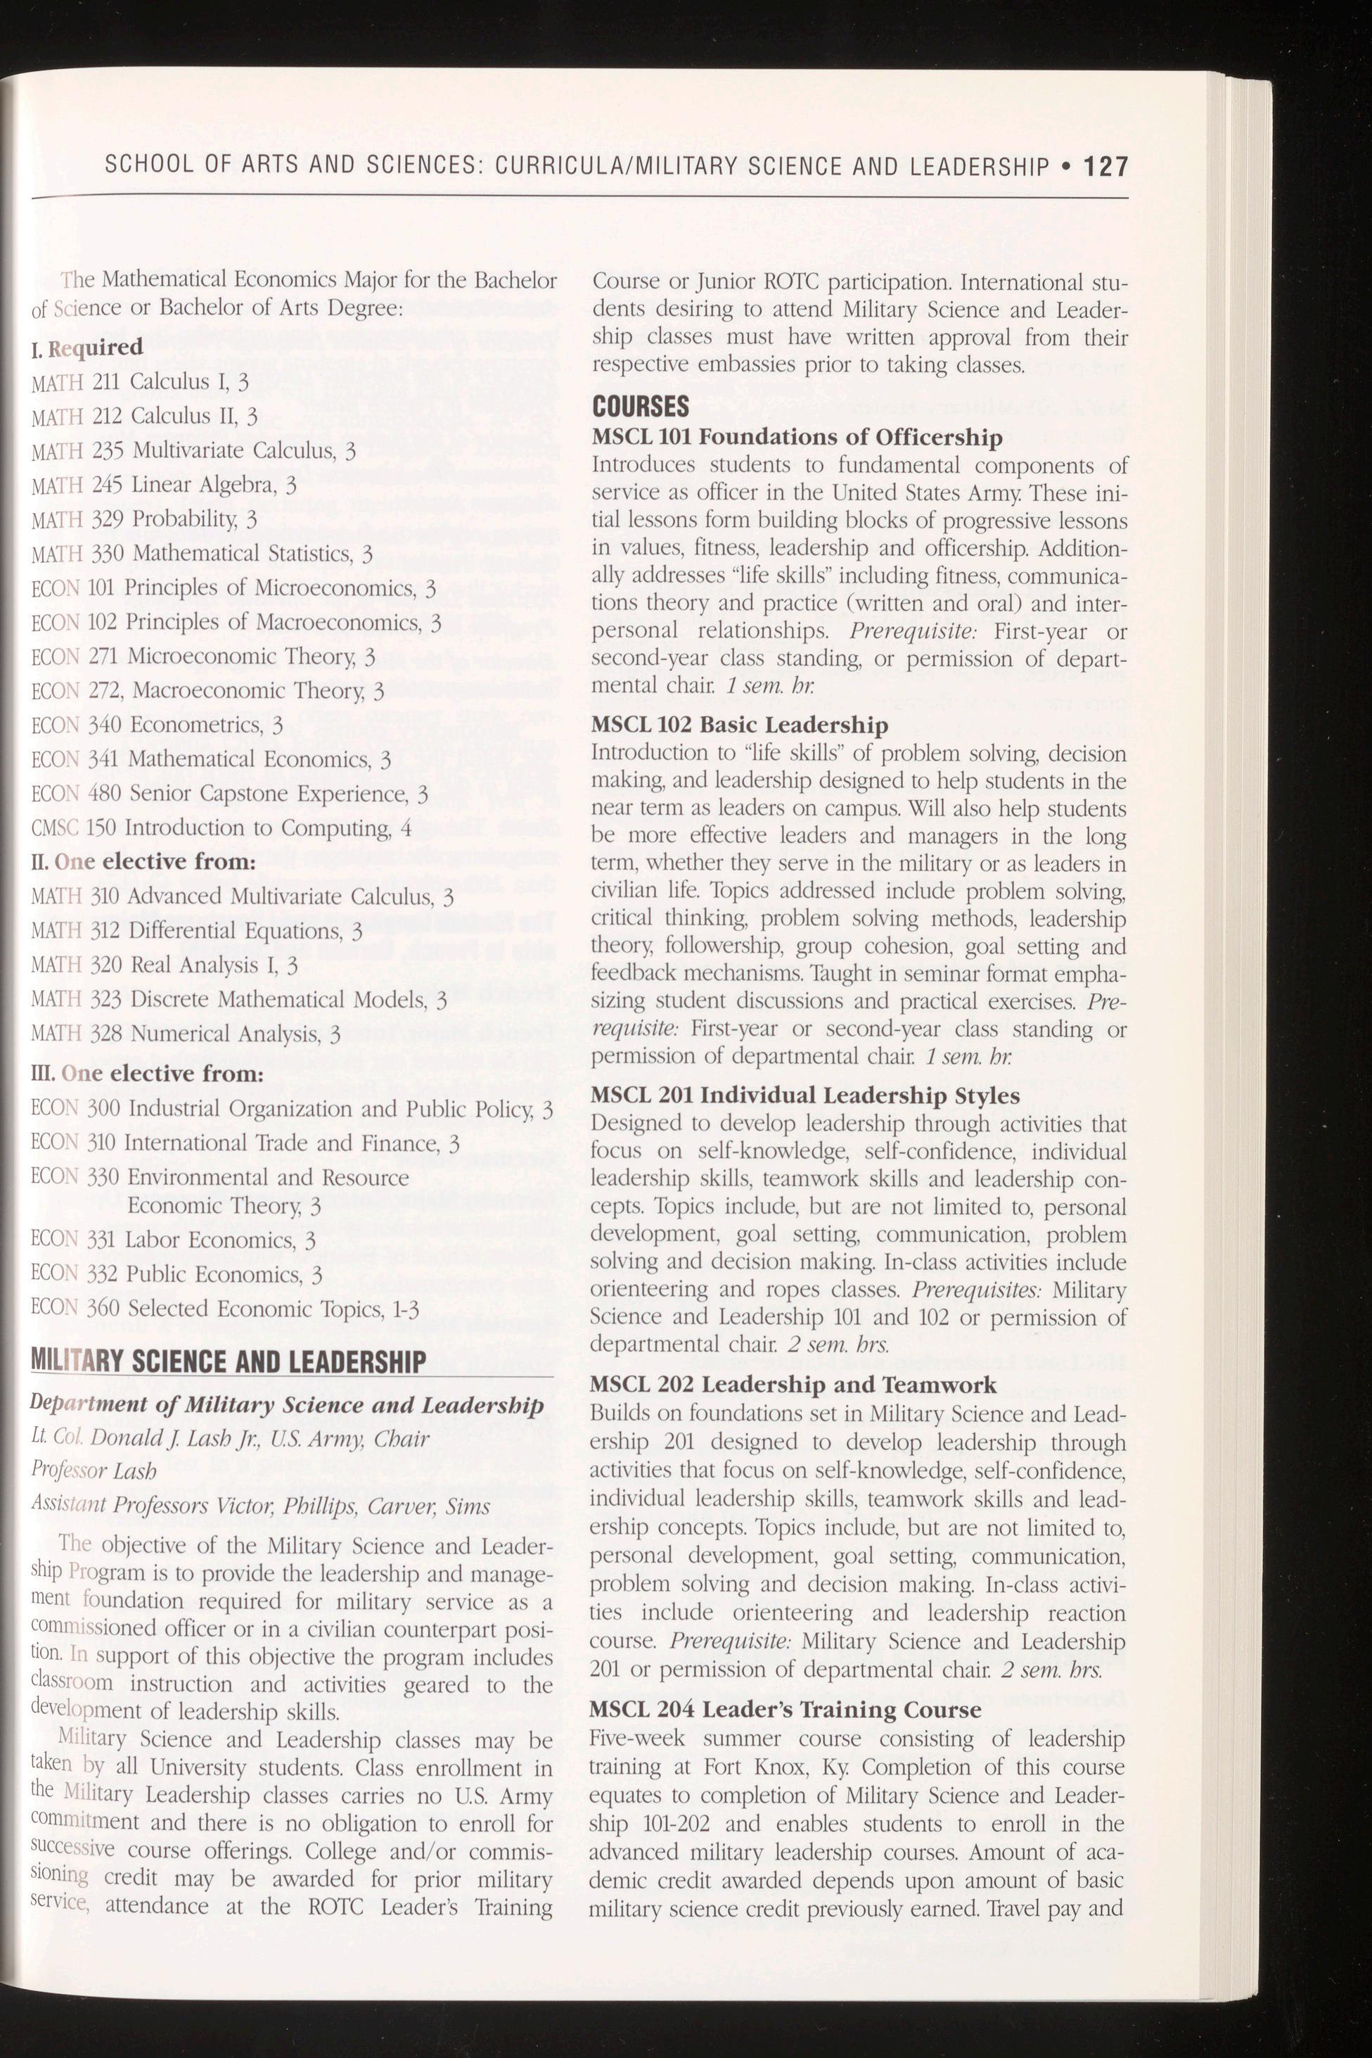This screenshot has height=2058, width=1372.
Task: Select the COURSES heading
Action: pos(641,407)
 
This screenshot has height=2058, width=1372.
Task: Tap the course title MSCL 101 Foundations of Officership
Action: pos(797,437)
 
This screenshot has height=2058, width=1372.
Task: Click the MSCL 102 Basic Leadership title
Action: pos(739,725)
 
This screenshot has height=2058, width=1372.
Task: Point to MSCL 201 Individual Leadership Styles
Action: pos(806,1096)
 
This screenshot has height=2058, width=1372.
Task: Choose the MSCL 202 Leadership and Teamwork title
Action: pos(794,1385)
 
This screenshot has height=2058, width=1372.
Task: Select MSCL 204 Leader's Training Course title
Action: pos(786,1710)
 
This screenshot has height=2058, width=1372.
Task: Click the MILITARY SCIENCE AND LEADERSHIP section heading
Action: pos(229,1362)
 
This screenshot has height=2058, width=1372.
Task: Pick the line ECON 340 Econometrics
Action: pos(158,725)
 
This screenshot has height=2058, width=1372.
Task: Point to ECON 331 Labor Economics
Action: pos(173,1240)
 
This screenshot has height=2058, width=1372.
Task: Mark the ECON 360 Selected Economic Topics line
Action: pos(226,1309)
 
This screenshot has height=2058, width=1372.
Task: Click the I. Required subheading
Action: pos(87,348)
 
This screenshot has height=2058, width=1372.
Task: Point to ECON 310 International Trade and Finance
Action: pos(245,1143)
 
